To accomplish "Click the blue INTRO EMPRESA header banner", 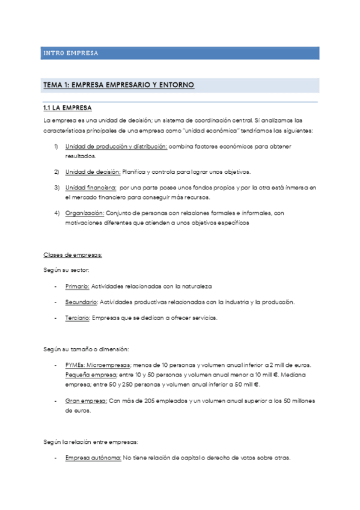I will point(180,53).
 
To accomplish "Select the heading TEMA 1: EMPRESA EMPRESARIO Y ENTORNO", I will point(118,85).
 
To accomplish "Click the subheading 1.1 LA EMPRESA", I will point(68,108).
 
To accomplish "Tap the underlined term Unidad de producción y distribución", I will point(116,146).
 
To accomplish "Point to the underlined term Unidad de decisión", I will point(93,171).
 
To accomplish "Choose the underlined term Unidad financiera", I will point(91,188).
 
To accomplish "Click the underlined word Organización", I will point(85,213).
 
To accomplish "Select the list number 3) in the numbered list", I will point(56,188).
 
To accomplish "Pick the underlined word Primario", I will point(77,286).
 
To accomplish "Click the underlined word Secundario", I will point(81,302).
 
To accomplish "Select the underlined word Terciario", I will point(78,318).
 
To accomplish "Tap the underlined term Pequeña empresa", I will point(91,374).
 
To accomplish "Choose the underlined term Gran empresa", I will point(87,401).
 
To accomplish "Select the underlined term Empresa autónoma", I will point(93,457).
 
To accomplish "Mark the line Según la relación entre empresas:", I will point(90,441).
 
